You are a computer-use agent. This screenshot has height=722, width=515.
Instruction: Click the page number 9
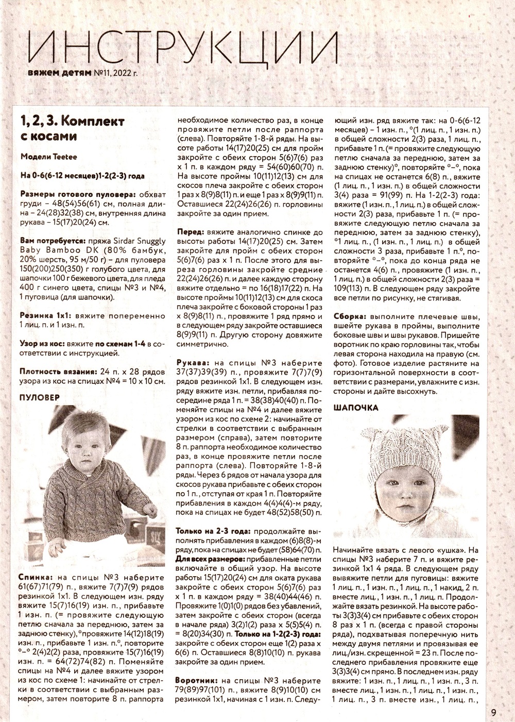pos(493,713)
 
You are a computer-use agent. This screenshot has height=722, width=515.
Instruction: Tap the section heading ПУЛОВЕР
pos(40,398)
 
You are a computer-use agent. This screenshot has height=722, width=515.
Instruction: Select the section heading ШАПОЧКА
pos(356,408)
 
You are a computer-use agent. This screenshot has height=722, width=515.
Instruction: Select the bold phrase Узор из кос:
pos(45,343)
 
